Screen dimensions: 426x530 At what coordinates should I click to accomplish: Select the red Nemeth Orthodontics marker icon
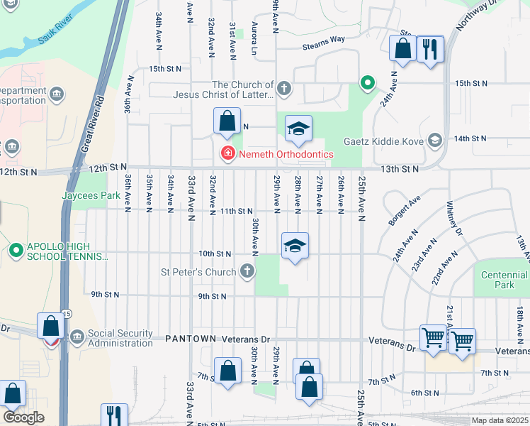pyautogui.click(x=227, y=153)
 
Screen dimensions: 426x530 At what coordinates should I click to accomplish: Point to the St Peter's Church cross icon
pyautogui.click(x=247, y=271)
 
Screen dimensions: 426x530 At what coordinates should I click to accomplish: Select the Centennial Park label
pyautogui.click(x=504, y=280)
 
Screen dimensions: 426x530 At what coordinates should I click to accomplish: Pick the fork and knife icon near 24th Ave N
pyautogui.click(x=430, y=50)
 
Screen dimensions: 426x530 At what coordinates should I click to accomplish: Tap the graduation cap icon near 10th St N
pyautogui.click(x=295, y=246)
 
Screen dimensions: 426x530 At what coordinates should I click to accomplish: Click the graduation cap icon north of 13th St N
pyautogui.click(x=298, y=129)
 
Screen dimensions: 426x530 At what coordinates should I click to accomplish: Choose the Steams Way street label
pyautogui.click(x=323, y=45)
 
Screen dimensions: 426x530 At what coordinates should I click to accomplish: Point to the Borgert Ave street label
pyautogui.click(x=403, y=210)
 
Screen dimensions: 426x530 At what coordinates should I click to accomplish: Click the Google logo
pyautogui.click(x=23, y=417)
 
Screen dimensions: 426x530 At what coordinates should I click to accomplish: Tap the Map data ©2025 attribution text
pyautogui.click(x=498, y=420)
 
